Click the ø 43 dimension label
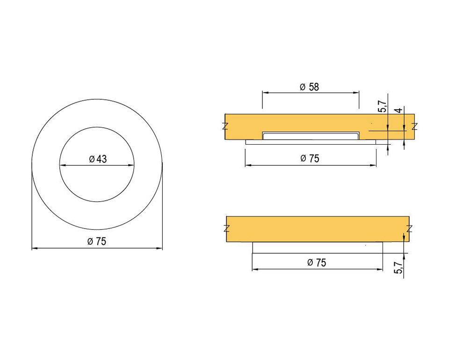pyautogui.click(x=98, y=159)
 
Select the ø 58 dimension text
pyautogui.click(x=309, y=87)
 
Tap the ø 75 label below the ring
pyautogui.click(x=97, y=242)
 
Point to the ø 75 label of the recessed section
pyautogui.click(x=310, y=159)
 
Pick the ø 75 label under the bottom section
pyautogui.click(x=317, y=263)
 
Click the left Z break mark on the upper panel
pyautogui.click(x=225, y=126)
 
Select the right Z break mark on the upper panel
pyautogui.click(x=415, y=126)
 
